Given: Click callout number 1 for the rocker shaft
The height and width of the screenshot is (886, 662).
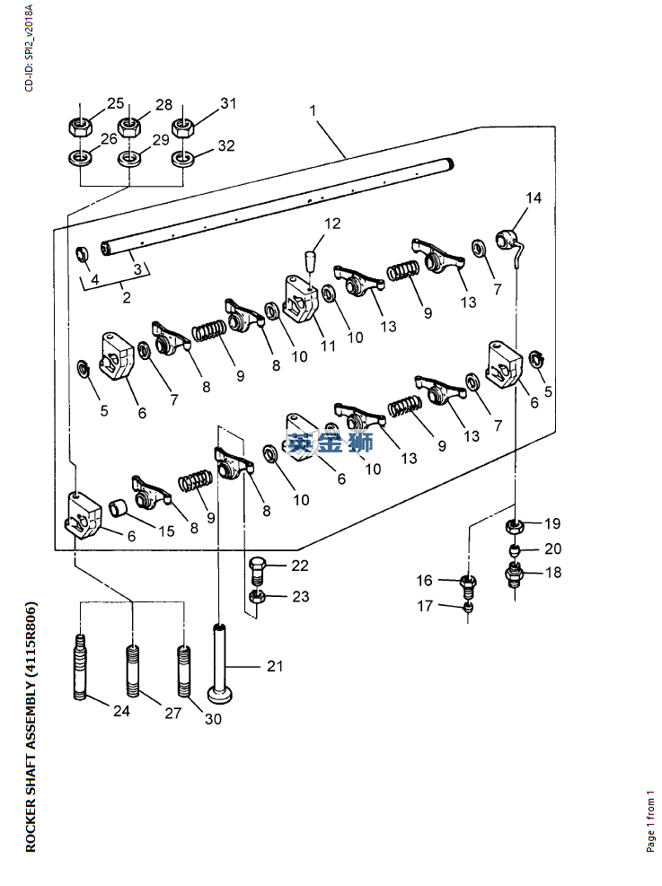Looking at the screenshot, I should click(x=313, y=110).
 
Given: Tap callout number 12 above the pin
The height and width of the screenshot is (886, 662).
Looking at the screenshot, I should click(x=333, y=224).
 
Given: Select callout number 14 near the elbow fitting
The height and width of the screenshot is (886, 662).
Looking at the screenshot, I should click(x=534, y=198).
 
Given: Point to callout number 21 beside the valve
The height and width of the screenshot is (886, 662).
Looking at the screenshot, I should click(x=274, y=666).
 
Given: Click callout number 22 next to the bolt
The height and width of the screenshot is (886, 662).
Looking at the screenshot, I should click(x=299, y=566).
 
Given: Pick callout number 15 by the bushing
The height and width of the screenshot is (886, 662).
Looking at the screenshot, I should click(x=166, y=531).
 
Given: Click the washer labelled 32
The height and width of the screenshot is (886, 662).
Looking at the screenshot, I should click(x=184, y=158).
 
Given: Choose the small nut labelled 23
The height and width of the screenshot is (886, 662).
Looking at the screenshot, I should click(x=256, y=597).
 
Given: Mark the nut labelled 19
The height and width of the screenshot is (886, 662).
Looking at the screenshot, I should click(x=516, y=525).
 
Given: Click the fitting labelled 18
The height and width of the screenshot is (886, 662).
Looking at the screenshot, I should click(x=515, y=572).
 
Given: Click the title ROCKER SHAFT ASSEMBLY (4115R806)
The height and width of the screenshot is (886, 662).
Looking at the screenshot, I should click(x=31, y=726).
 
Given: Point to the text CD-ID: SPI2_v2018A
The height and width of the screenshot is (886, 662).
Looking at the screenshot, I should click(x=29, y=48).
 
